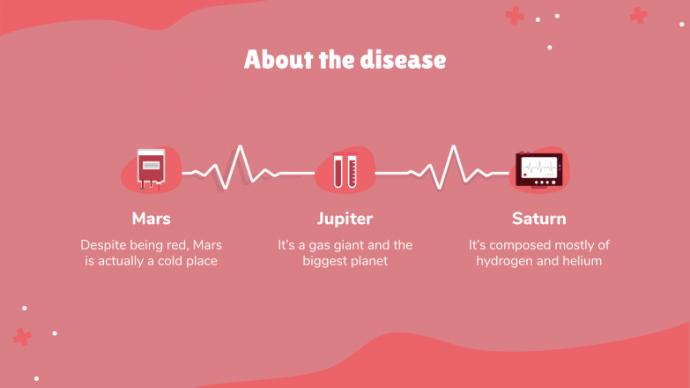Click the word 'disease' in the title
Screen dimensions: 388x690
403,60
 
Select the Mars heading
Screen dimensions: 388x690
151,218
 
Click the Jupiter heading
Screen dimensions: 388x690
345,218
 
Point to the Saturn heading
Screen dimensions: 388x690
538,218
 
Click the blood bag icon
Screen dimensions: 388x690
151,169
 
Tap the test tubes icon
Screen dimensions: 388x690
345,170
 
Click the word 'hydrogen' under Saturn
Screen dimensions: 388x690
507,261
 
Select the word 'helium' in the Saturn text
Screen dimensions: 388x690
582,261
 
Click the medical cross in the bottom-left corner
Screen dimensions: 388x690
22,337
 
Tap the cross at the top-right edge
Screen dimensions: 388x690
638,15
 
